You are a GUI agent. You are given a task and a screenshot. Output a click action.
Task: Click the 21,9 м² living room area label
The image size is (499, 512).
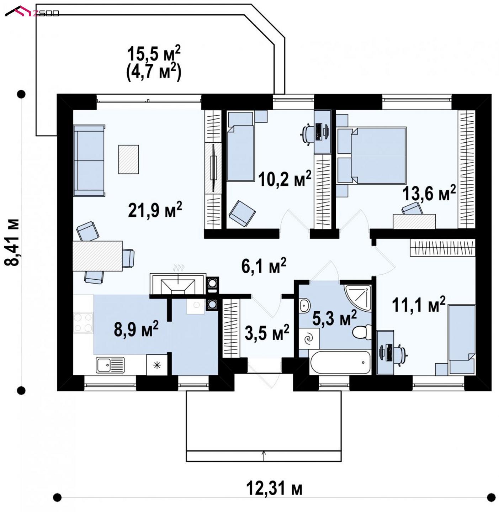tap(155, 210)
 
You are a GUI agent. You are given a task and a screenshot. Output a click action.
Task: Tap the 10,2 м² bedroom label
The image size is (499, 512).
tap(285, 179)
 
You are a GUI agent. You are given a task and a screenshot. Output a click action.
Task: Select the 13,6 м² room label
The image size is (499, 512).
tap(429, 193)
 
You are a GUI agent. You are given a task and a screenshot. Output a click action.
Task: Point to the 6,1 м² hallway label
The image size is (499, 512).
tap(264, 265)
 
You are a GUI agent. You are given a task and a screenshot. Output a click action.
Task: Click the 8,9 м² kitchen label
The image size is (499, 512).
tap(136, 329)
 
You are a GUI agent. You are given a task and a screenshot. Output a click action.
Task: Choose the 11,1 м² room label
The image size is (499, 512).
tap(419, 305)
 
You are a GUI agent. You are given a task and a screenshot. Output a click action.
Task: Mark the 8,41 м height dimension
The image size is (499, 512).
tap(12, 242)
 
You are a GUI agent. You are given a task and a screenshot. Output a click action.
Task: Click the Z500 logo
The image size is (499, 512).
tap(32, 12)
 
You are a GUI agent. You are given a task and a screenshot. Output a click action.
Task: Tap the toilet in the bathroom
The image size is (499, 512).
tap(362, 332)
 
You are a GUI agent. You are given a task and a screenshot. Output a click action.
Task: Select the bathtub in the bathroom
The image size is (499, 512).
tap(340, 362)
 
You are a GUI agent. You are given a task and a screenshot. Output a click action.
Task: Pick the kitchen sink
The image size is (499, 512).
tap(110, 365)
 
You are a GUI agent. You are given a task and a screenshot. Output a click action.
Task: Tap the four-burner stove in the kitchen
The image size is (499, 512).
tap(83, 323)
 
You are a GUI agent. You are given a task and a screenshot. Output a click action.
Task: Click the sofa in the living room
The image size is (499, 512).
tap(89, 160)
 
